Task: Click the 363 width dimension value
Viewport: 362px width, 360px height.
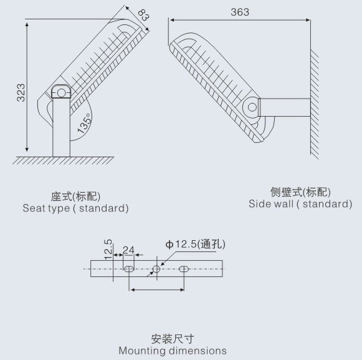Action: pyautogui.click(x=240, y=12)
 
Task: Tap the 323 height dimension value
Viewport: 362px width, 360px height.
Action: pyautogui.click(x=21, y=93)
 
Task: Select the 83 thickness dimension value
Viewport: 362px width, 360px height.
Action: pyautogui.click(x=143, y=15)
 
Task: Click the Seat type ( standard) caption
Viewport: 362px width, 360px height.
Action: pyautogui.click(x=75, y=208)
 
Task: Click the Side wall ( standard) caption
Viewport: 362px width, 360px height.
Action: pyautogui.click(x=300, y=204)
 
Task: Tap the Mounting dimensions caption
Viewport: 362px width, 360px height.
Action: pyautogui.click(x=173, y=351)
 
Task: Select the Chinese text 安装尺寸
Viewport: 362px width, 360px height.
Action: pyautogui.click(x=173, y=339)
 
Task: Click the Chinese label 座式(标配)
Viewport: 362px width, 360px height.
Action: pyautogui.click(x=75, y=197)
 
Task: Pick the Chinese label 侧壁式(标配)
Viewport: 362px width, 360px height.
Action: pyautogui.click(x=300, y=192)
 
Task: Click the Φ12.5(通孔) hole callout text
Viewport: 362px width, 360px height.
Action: pyautogui.click(x=195, y=244)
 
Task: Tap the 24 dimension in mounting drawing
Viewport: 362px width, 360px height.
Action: pyautogui.click(x=128, y=250)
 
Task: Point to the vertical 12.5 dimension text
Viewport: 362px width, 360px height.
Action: pyautogui.click(x=108, y=250)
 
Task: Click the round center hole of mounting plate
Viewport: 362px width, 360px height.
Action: pyautogui.click(x=156, y=269)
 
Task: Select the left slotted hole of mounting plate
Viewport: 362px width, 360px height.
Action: pyautogui.click(x=129, y=269)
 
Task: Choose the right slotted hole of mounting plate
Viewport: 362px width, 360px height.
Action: pyautogui.click(x=184, y=269)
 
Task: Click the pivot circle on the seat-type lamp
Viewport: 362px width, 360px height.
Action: pyautogui.click(x=61, y=93)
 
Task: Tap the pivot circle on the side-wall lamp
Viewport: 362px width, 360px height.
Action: pyautogui.click(x=252, y=107)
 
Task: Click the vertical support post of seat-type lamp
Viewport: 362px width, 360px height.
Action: pyautogui.click(x=61, y=127)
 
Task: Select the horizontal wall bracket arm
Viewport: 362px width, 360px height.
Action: pyautogui.click(x=284, y=107)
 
